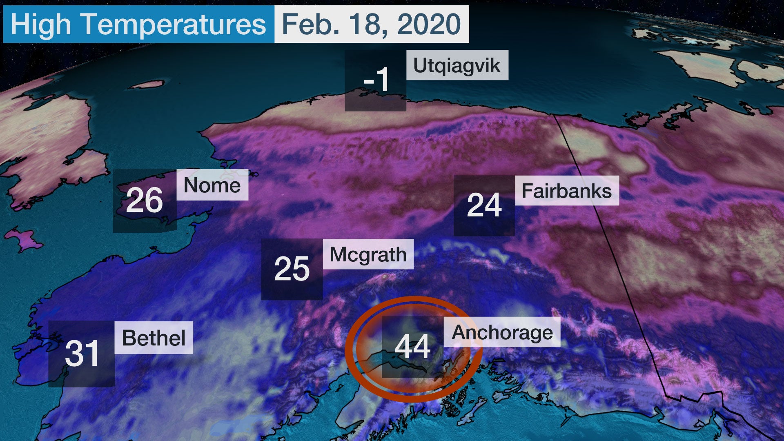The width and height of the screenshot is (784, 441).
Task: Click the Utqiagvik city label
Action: point(457,65)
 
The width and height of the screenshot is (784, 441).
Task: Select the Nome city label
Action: point(212,185)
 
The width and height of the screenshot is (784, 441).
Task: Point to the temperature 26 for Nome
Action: point(144,200)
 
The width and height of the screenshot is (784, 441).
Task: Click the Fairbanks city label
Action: point(566,191)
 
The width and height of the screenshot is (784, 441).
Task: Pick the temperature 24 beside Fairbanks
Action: point(484,205)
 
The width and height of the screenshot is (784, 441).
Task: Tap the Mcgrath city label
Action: point(368,254)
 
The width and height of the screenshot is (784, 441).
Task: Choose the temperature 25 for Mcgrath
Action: point(292,269)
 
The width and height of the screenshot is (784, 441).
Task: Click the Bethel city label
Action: point(154,338)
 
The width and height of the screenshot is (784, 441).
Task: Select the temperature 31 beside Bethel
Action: point(82,353)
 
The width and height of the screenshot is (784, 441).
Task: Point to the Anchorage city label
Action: point(502,332)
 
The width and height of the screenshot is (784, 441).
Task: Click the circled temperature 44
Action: point(412,346)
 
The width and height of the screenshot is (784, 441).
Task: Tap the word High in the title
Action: point(40,24)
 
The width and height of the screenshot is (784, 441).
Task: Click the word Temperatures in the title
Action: point(174,24)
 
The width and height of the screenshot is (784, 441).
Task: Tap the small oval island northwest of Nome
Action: point(147,85)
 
